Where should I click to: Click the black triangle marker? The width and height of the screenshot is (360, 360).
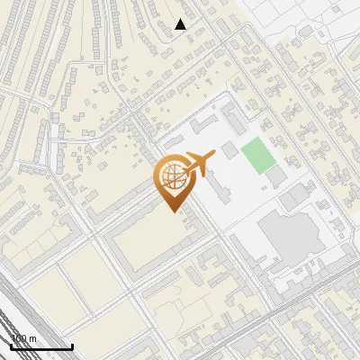[x=181, y=25]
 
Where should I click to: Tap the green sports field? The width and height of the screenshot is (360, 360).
[x=258, y=155]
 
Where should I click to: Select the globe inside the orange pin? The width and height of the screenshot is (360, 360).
[x=172, y=177]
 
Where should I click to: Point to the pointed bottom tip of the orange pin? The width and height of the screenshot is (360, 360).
[x=172, y=211]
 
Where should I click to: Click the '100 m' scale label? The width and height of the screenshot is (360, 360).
[x=24, y=339]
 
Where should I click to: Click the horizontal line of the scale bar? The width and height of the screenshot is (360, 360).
[x=41, y=347]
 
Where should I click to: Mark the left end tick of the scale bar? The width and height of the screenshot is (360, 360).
[x=11, y=346]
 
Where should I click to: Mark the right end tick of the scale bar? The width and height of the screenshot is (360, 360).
[x=72, y=346]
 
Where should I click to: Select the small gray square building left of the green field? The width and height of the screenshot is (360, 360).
[x=229, y=149]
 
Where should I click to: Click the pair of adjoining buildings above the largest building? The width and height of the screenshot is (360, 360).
[x=294, y=195]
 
